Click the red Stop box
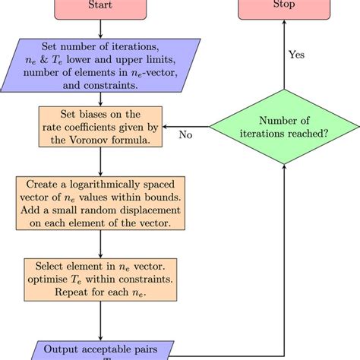tap(284, 7)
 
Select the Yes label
tap(298, 55)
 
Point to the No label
tap(185, 134)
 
